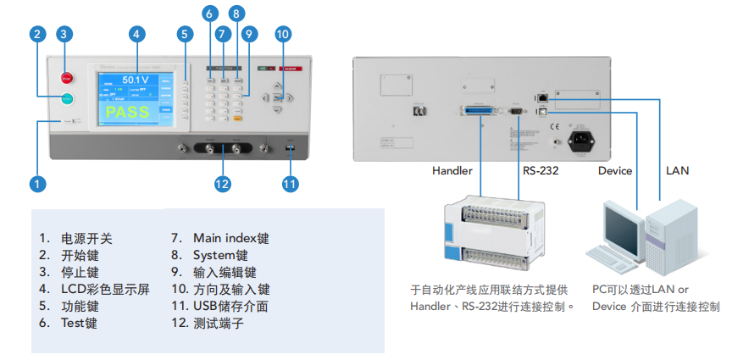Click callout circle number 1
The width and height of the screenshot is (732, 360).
coord(36,182)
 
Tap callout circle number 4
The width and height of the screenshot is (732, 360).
coord(135,34)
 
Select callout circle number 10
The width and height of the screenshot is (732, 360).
coord(282,34)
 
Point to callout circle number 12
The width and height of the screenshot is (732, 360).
coord(223,182)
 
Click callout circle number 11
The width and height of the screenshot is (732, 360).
coord(290,182)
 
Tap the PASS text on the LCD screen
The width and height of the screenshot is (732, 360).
coord(127,112)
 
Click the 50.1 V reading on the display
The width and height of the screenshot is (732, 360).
coord(129,80)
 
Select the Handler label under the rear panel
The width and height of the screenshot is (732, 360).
coord(452,170)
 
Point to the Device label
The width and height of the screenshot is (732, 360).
coord(615,170)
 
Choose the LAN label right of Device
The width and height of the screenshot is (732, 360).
coord(677,170)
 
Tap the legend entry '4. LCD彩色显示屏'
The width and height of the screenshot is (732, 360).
coord(94,289)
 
